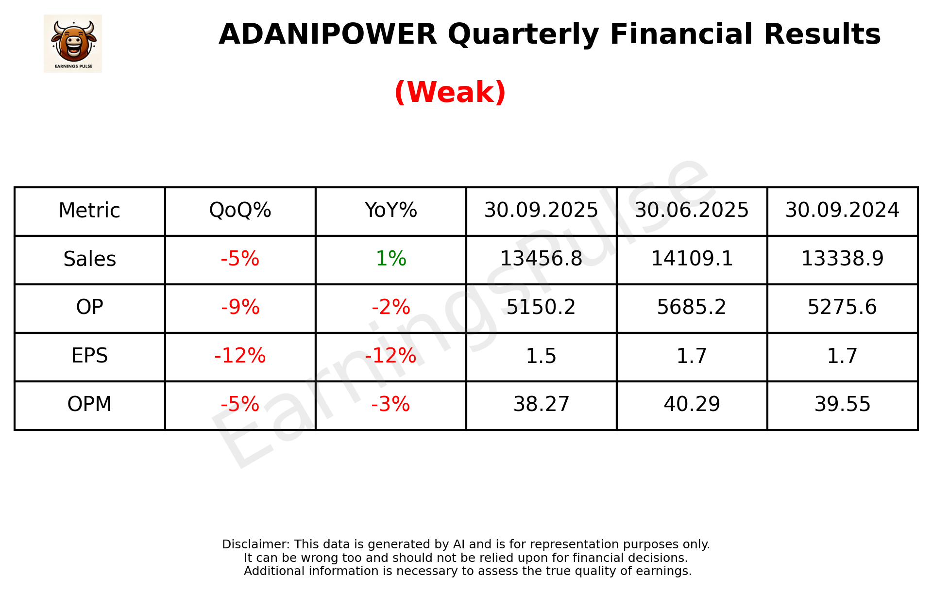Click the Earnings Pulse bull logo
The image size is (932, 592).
click(73, 44)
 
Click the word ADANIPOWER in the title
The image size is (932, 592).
click(328, 34)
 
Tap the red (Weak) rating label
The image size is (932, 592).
click(450, 92)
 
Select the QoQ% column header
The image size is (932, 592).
click(240, 211)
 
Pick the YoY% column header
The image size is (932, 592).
click(390, 211)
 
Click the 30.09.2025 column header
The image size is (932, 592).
click(541, 211)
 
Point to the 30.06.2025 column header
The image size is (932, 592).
click(692, 211)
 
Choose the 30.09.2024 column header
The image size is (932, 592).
click(842, 211)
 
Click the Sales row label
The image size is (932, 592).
click(90, 259)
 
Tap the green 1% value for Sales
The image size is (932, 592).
click(390, 259)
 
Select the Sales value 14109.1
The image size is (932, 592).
click(692, 259)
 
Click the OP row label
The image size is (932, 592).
click(90, 307)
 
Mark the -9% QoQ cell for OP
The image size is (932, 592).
click(240, 307)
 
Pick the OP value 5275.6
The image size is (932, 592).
click(842, 307)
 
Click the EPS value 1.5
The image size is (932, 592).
click(541, 356)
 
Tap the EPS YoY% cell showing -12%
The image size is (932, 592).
click(390, 356)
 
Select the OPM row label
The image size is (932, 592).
click(90, 404)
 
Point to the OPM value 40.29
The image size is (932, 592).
click(692, 404)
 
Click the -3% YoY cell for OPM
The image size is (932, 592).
click(390, 404)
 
